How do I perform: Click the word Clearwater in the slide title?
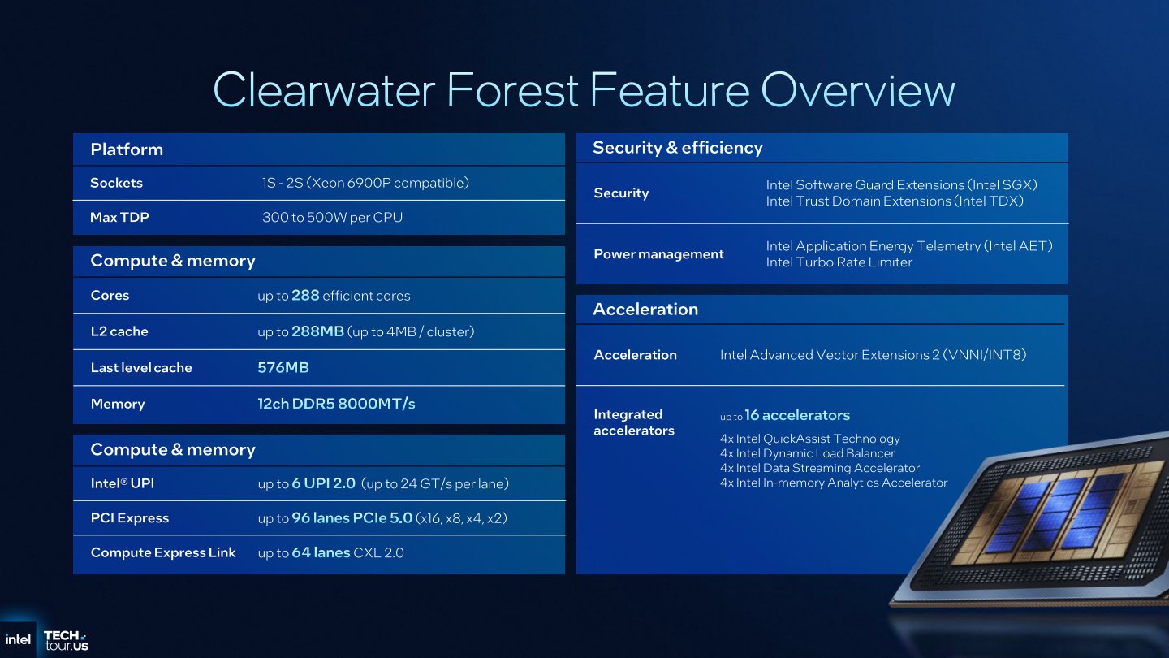pos(328,89)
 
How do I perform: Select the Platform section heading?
pos(127,149)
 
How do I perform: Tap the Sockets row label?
pos(116,183)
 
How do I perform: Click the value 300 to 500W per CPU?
pos(332,218)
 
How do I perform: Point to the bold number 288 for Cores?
pos(305,296)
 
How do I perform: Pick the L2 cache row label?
pos(119,331)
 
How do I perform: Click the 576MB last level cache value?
pos(283,367)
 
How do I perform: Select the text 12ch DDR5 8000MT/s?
pos(336,404)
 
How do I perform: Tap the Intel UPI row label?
pos(122,483)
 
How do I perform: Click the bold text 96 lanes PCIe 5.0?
pos(352,518)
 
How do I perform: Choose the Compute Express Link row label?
pos(163,552)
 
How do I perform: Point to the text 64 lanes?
pos(320,553)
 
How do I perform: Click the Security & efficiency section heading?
pos(677,148)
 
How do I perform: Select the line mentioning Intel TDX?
pos(895,201)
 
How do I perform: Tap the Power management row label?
pos(658,254)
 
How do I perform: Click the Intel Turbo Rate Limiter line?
pos(839,262)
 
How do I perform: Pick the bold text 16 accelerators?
pos(796,415)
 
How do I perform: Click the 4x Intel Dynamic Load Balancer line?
pos(807,453)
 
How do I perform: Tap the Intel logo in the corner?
pos(18,639)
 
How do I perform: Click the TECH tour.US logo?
pos(65,640)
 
